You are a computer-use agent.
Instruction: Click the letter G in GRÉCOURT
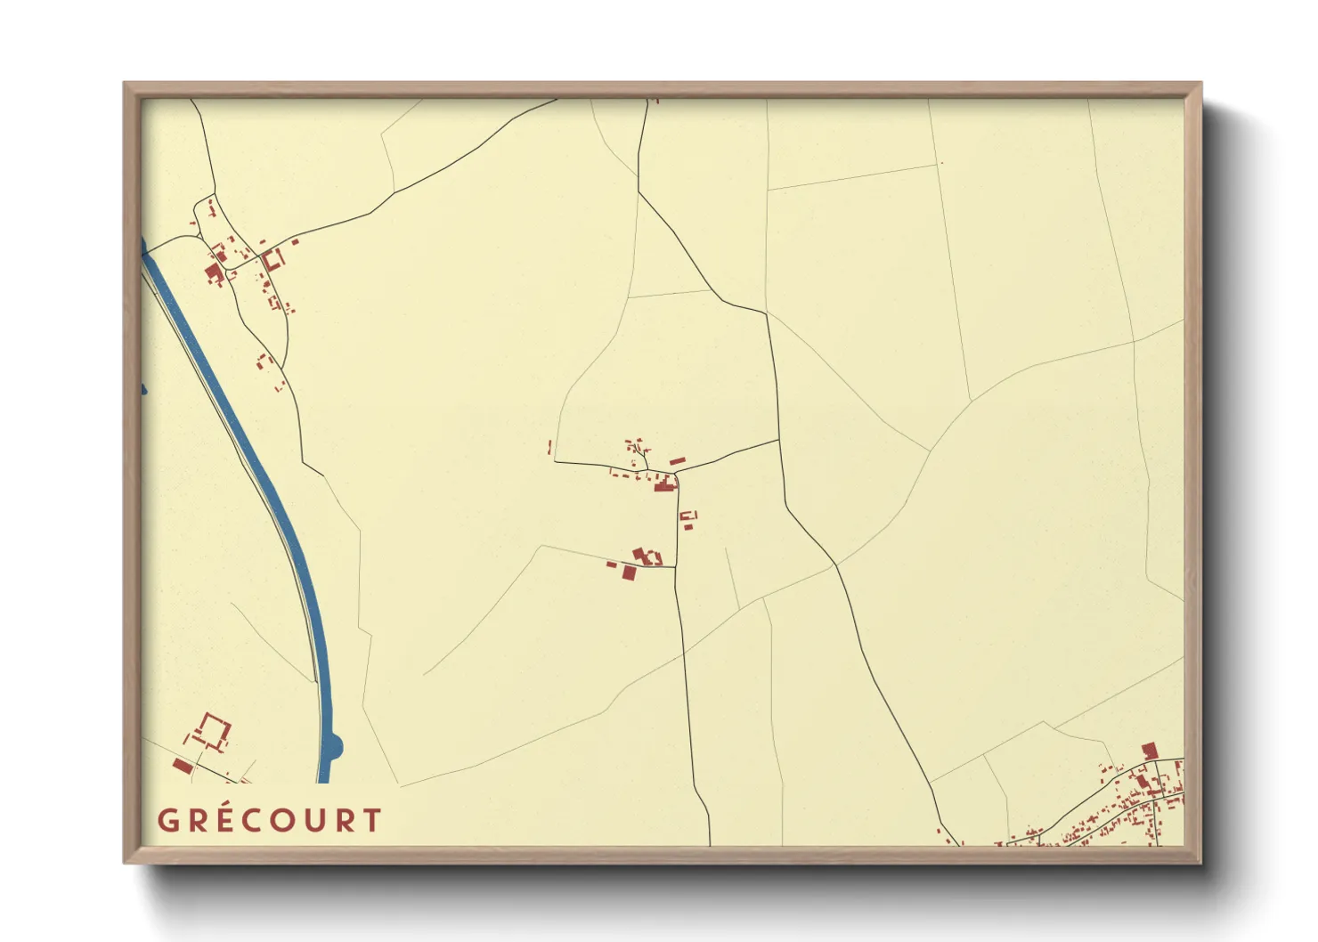(x=167, y=820)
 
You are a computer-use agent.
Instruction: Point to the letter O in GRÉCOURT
(x=284, y=820)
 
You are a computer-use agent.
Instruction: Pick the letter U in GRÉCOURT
(x=314, y=820)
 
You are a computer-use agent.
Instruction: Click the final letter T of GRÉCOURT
(x=372, y=820)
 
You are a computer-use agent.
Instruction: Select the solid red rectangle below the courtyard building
(x=183, y=766)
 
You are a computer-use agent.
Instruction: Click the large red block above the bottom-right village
(x=1149, y=751)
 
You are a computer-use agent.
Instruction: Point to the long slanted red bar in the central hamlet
(x=678, y=461)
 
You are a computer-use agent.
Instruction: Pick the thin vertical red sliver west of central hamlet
(x=549, y=447)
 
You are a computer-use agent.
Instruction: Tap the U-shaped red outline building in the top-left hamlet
(x=273, y=260)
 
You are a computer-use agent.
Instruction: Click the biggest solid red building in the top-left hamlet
(x=213, y=272)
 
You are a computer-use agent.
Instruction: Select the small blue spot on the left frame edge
(x=143, y=389)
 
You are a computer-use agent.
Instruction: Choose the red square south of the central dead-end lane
(x=629, y=574)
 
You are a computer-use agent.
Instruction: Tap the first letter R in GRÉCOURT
(x=194, y=820)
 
